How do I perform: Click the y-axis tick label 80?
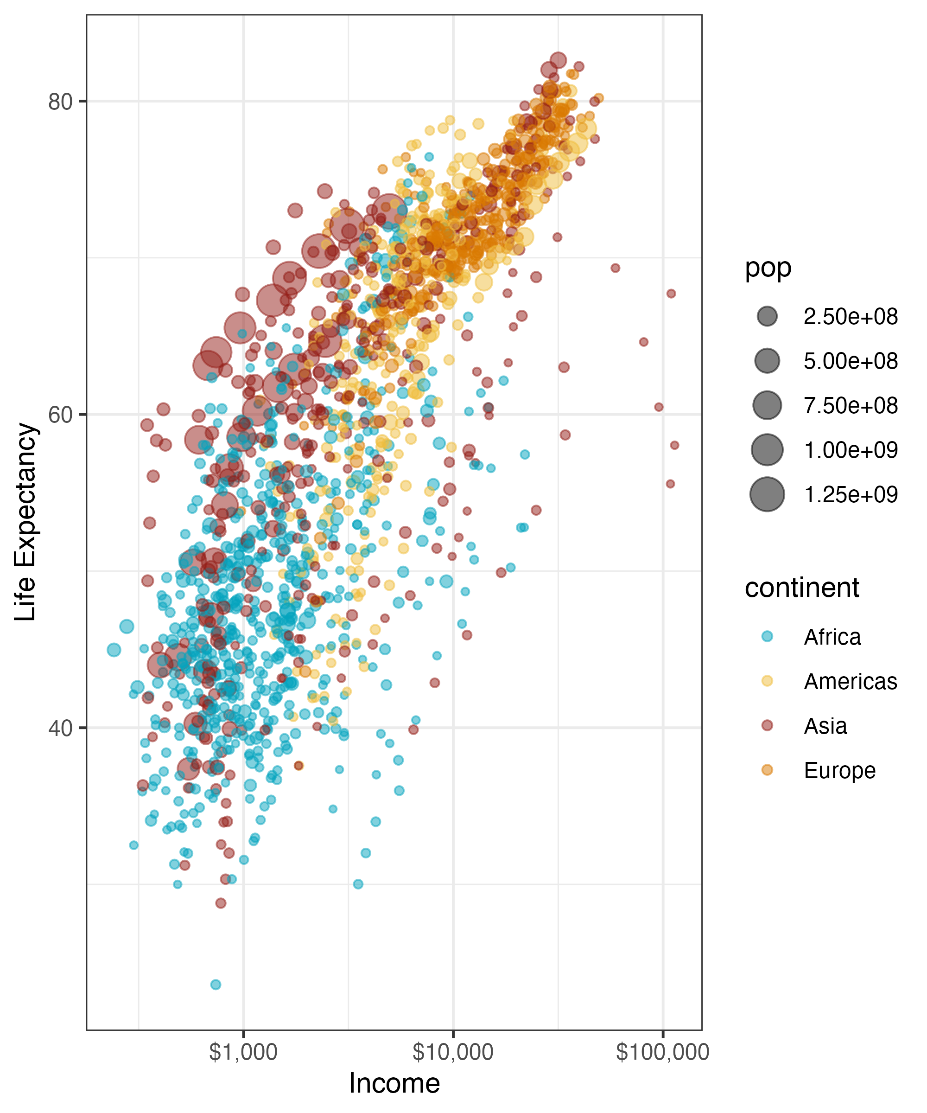point(60,101)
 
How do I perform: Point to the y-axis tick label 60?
point(60,415)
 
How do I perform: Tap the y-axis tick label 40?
point(60,728)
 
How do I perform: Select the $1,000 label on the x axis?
point(243,1052)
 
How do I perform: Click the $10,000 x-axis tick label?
point(453,1052)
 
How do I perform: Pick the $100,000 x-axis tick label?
point(662,1052)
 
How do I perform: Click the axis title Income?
point(394,1083)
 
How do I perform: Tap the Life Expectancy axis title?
point(25,522)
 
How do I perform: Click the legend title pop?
point(768,269)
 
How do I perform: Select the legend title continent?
point(801,588)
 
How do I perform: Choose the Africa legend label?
point(832,637)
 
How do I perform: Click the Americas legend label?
point(850,682)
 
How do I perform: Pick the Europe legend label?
point(839,771)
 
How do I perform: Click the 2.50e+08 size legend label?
point(850,317)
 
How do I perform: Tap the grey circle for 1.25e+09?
point(767,494)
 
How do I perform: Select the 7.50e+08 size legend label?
point(850,406)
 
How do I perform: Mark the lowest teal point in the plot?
point(216,985)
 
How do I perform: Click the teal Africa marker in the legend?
point(767,637)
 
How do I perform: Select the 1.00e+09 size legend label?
point(850,450)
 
